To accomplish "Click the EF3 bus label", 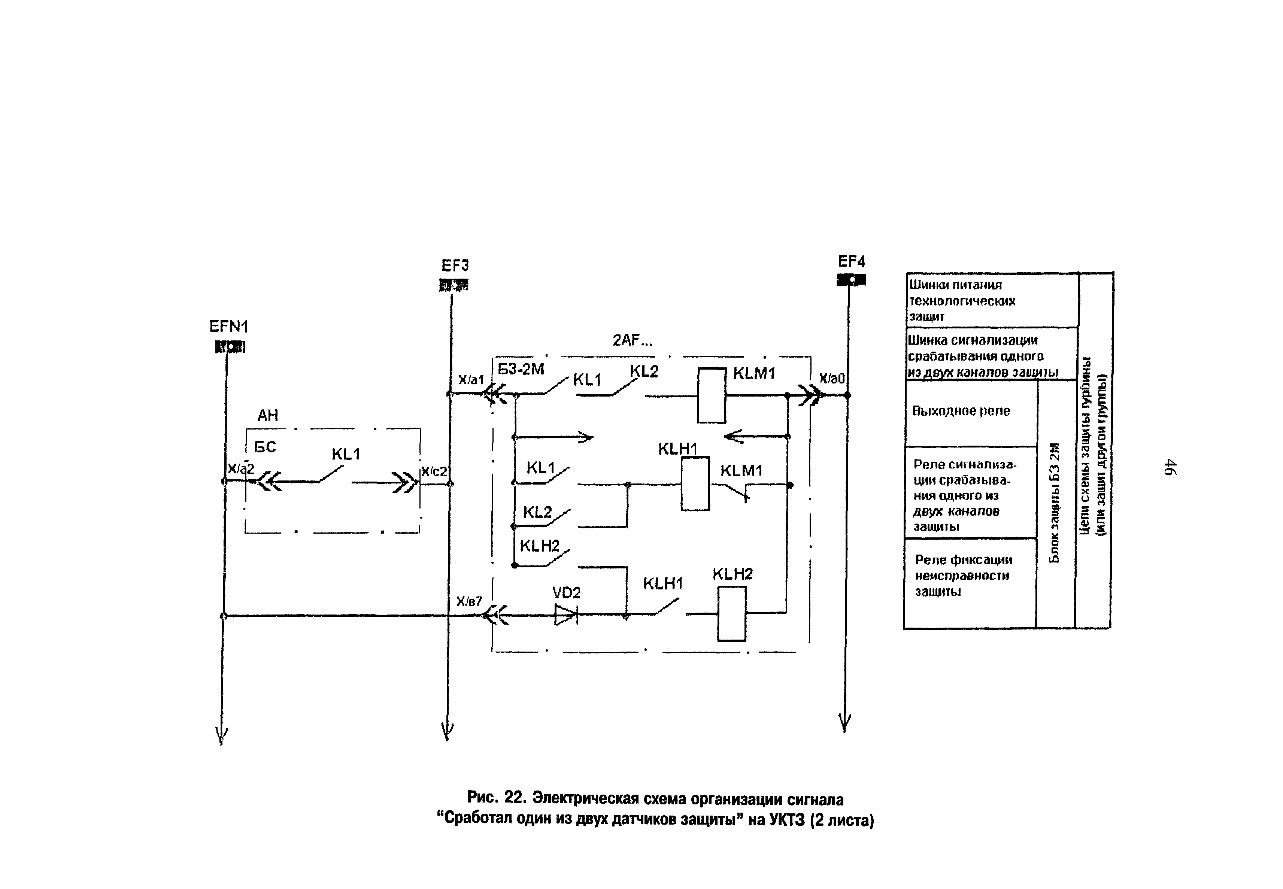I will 455,265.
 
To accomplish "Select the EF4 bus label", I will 851,261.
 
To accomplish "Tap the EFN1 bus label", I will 228,327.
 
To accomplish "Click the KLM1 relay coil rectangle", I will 712,395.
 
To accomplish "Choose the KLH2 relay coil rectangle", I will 731,614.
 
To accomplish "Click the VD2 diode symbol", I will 566,615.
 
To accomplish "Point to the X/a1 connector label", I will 471,380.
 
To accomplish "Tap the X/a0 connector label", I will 832,379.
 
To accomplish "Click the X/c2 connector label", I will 434,471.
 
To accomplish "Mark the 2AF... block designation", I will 632,340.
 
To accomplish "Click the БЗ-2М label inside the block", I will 521,369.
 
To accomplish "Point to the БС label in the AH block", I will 265,447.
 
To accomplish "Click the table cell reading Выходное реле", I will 961,411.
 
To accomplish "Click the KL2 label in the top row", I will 644,371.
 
